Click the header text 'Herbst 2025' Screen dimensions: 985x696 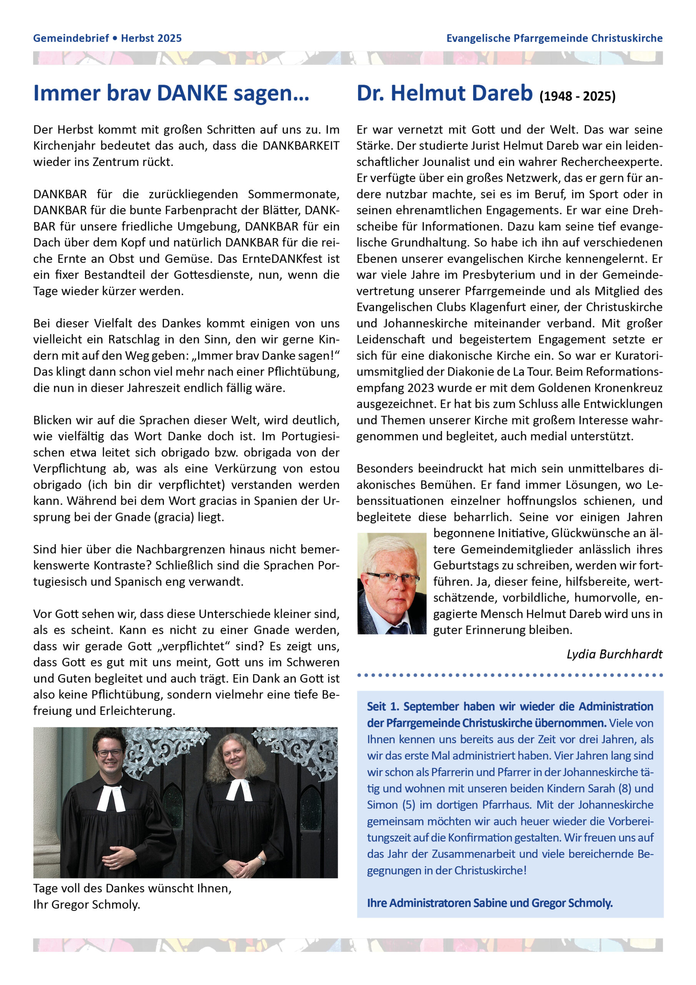[x=151, y=38]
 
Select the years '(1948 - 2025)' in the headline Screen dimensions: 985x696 [x=577, y=96]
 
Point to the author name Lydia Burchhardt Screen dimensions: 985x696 [x=614, y=654]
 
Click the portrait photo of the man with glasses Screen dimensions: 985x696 [x=391, y=583]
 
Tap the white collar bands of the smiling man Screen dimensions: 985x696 [x=111, y=797]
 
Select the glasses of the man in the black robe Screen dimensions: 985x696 [x=109, y=753]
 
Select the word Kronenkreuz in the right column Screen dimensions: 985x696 [x=628, y=388]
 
